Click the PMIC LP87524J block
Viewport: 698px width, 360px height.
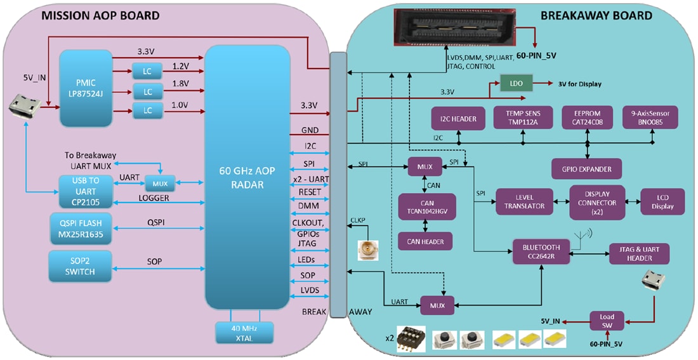coord(86,88)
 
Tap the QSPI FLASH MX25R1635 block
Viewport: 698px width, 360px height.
coord(81,229)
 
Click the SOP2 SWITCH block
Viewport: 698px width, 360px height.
coord(81,266)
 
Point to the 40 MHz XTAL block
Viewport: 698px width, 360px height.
coord(244,333)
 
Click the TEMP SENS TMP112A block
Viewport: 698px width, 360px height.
coord(523,117)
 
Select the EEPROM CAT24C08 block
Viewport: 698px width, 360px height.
coord(587,117)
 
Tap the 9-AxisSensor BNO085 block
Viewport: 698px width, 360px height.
coord(650,117)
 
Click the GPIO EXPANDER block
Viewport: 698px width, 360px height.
coord(586,168)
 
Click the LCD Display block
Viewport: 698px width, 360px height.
coord(662,201)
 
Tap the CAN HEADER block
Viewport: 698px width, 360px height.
coord(425,241)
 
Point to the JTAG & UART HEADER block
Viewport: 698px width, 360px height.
coord(639,253)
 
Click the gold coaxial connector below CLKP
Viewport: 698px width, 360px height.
coord(367,251)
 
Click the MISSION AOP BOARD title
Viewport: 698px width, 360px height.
coord(100,16)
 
